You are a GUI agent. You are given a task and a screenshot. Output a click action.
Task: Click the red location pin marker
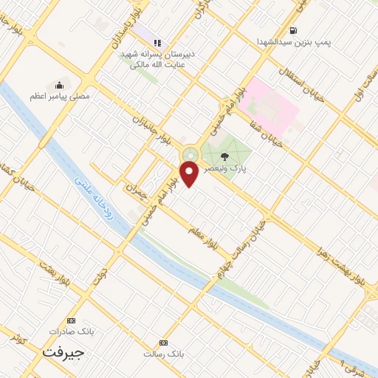pyautogui.click(x=190, y=173)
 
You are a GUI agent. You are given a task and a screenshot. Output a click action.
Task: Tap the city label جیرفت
pyautogui.click(x=63, y=352)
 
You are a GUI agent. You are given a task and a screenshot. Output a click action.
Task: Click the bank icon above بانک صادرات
pyautogui.click(x=71, y=320)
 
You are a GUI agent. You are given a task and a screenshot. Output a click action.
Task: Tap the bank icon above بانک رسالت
pyautogui.click(x=163, y=343)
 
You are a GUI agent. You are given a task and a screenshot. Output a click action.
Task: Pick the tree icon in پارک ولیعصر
pyautogui.click(x=224, y=155)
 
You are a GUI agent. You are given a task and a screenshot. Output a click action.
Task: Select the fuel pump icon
pyautogui.click(x=294, y=30)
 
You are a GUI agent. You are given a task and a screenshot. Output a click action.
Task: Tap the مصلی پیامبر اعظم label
pyautogui.click(x=60, y=96)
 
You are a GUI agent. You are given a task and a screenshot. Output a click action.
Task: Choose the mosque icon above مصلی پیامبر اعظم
pyautogui.click(x=60, y=85)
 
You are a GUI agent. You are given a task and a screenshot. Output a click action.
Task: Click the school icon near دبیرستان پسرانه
pyautogui.click(x=157, y=43)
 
